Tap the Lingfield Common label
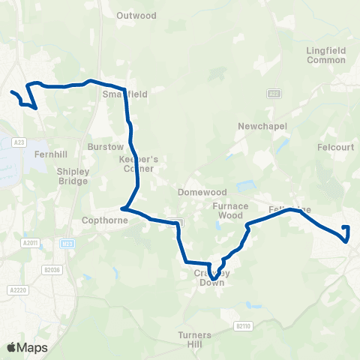pyautogui.click(x=325, y=55)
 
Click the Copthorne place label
pyautogui.click(x=100, y=222)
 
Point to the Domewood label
pyautogui.click(x=197, y=192)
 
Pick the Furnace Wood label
pyautogui.click(x=231, y=211)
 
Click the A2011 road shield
pyautogui.click(x=30, y=242)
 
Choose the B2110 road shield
pyautogui.click(x=241, y=325)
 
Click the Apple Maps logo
pyautogui.click(x=27, y=347)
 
